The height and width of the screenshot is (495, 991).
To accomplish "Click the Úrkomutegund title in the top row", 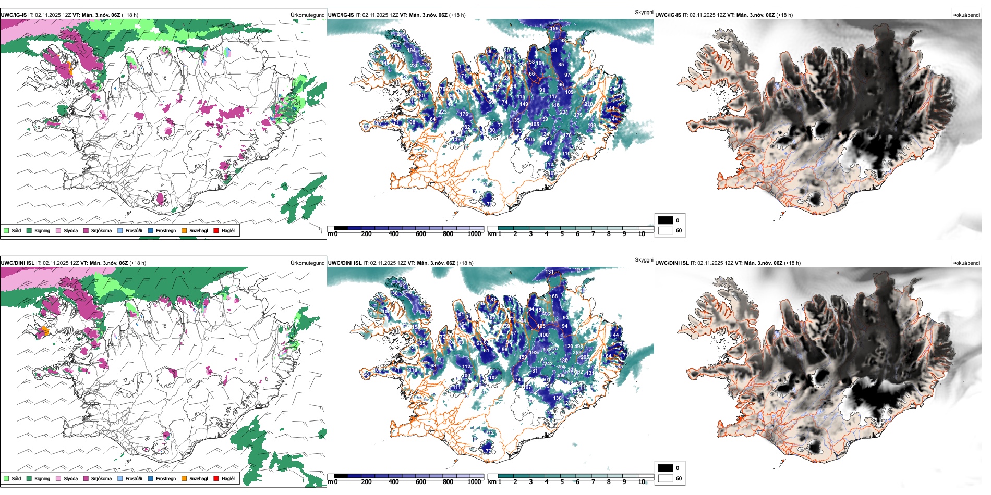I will pos(307,15).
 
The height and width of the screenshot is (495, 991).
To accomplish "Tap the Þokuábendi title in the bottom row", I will pos(966,263).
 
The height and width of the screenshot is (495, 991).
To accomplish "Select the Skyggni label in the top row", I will pos(644,12).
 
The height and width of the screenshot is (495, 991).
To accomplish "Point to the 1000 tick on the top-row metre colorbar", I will pos(474,234).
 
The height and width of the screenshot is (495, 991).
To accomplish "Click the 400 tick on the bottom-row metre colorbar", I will pos(393,482).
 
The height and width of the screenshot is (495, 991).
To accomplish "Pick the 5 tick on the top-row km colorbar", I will pos(562,234).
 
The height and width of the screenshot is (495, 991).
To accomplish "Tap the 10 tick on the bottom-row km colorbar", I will pos(642,482).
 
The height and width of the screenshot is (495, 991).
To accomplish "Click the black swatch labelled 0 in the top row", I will pos(666,220).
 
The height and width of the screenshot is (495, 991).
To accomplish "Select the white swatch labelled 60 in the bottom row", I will pos(666,478).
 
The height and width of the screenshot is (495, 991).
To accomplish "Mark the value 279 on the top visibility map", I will pos(578,115).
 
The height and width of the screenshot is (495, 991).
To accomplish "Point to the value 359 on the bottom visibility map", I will pos(577,353).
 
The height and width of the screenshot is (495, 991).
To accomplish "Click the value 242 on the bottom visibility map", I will pos(548,364).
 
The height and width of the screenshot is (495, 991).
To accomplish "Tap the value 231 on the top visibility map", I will pos(564,112).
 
